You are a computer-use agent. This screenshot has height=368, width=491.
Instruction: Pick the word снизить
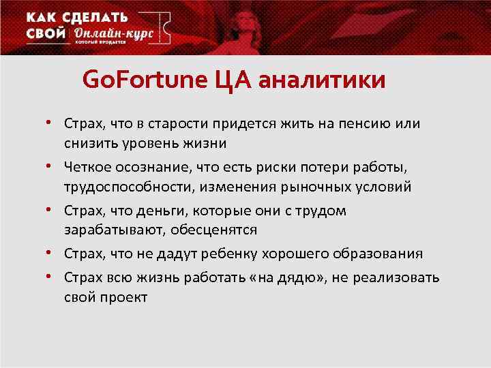tap(89, 144)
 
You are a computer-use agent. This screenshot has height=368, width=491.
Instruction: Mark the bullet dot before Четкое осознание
tap(50, 168)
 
